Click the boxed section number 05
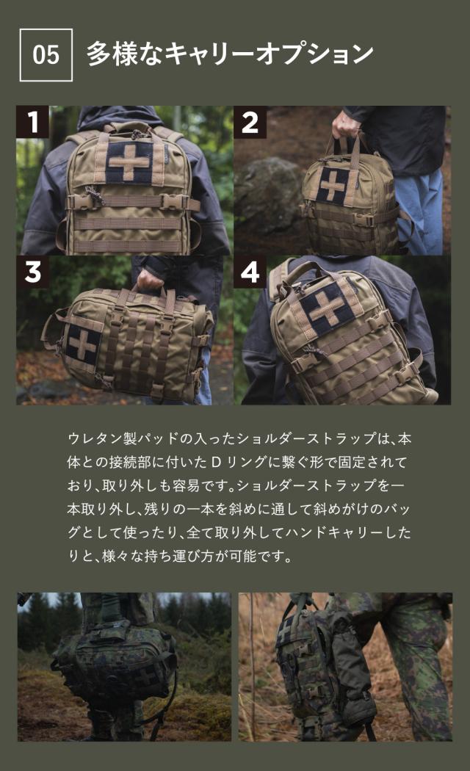coord(46,54)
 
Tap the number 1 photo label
coord(32,122)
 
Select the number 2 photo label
coord(250,122)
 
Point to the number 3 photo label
coord(32,272)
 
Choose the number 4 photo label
coord(250,272)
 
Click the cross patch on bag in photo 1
coord(129,162)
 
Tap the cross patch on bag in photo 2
coord(332,185)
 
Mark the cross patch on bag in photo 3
coord(83,344)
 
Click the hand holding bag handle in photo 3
coord(150,280)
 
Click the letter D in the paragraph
coord(216,462)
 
